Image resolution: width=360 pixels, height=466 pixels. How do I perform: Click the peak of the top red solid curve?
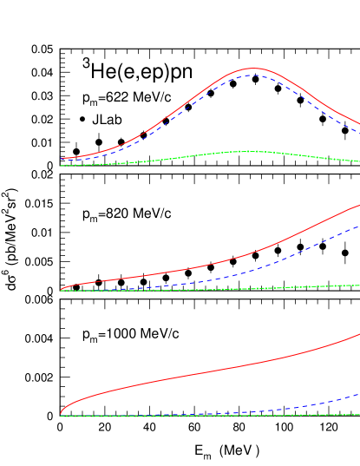click(253, 68)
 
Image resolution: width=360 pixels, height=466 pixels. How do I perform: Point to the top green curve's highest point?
click(251, 151)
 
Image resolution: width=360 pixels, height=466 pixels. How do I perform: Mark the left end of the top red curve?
click(62, 159)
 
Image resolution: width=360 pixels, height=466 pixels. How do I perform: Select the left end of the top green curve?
click(62, 165)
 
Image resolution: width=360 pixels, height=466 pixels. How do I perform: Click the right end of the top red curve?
click(359, 122)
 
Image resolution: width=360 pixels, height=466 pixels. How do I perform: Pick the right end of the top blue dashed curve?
click(359, 132)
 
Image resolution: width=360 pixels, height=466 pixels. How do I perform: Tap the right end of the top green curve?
click(359, 161)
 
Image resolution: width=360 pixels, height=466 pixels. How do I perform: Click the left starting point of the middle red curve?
click(62, 289)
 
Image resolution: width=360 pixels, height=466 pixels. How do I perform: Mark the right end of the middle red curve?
click(359, 205)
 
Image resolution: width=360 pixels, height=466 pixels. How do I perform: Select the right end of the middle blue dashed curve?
click(359, 226)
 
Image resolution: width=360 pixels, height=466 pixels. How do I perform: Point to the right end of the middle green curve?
click(359, 285)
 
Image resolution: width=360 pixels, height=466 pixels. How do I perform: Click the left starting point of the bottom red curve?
click(62, 414)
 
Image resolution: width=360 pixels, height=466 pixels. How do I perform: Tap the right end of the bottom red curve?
click(359, 334)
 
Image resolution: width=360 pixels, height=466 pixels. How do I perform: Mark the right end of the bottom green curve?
click(359, 415)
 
